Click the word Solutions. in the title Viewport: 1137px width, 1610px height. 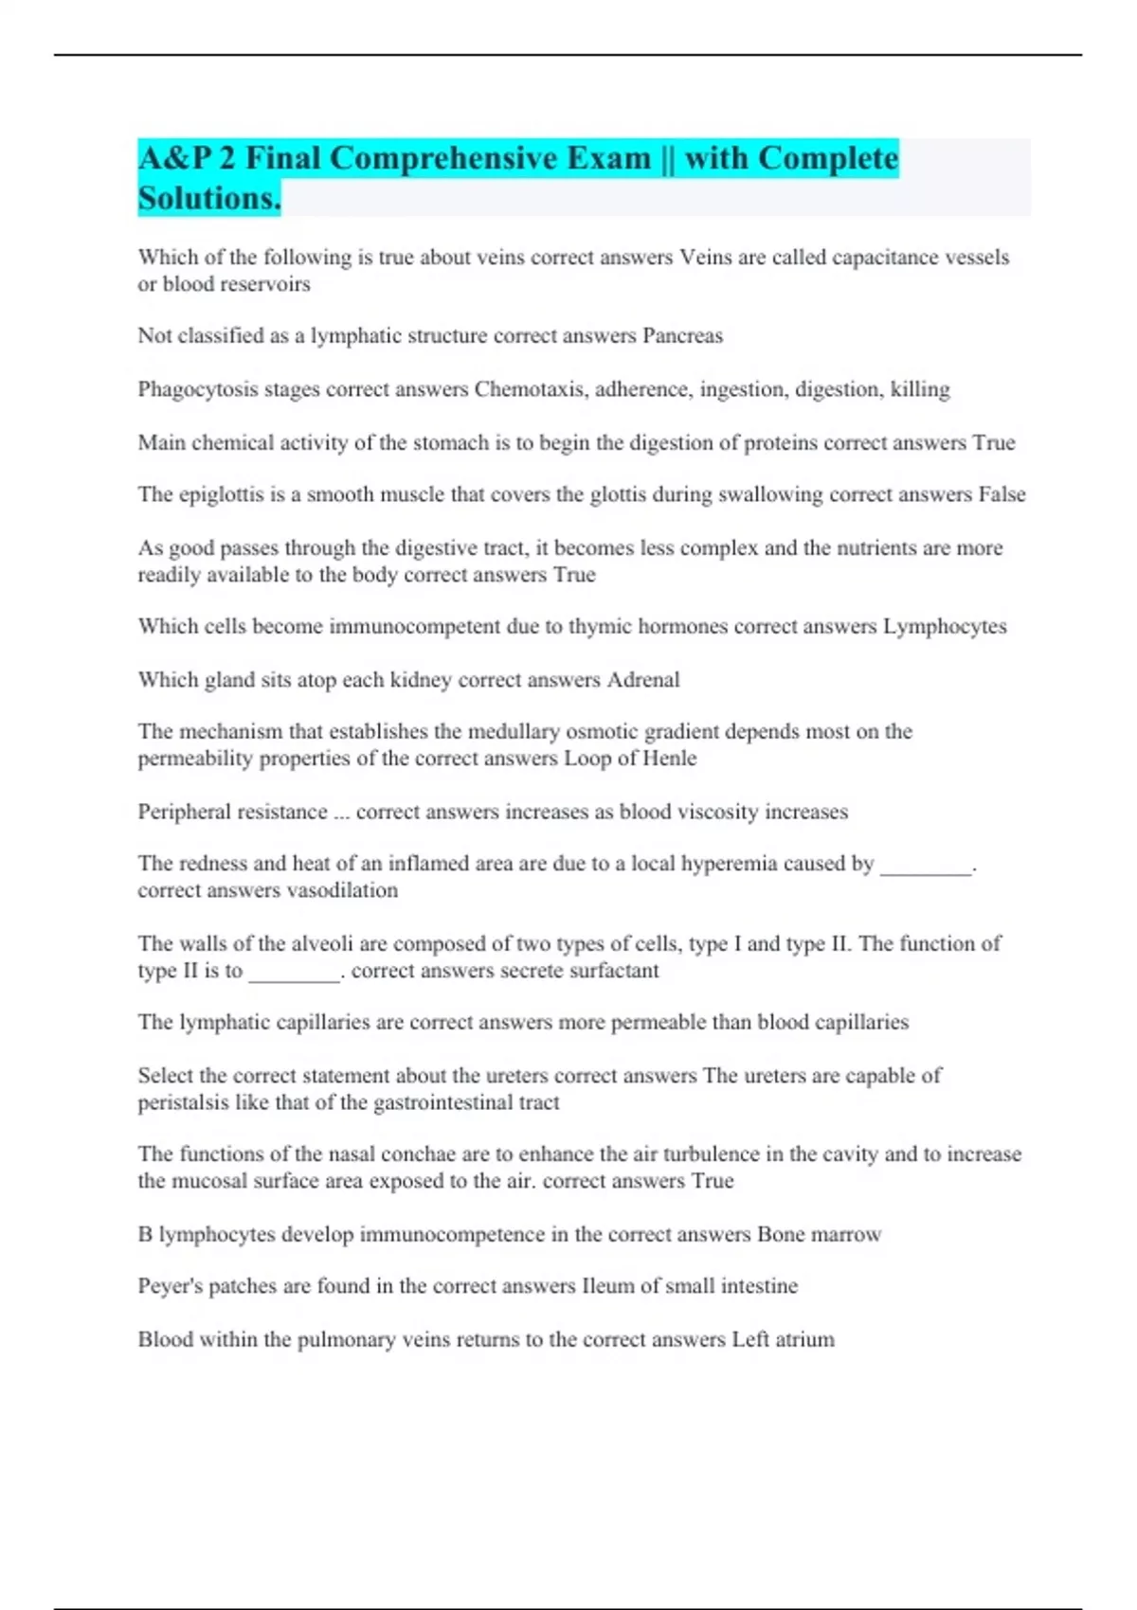click(209, 198)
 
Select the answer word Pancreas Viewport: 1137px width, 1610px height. click(682, 336)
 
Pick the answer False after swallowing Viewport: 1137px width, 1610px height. click(1002, 494)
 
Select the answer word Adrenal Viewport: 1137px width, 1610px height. click(643, 680)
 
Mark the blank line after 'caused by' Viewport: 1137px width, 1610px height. click(927, 866)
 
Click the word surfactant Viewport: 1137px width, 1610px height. click(614, 971)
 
